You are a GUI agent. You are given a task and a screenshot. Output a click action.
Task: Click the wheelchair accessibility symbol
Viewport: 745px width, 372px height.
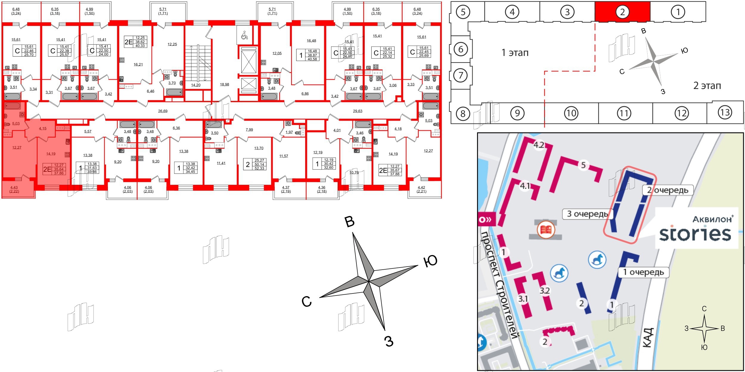pos(244,36)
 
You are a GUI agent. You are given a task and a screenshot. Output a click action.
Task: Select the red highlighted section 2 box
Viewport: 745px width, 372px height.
pos(622,12)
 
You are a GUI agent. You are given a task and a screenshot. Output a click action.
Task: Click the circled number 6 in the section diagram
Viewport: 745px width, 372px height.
pos(461,49)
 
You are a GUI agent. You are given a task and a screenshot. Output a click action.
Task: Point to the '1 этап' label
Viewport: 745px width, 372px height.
pos(515,53)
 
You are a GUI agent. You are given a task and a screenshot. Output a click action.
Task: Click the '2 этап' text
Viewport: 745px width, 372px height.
pos(707,86)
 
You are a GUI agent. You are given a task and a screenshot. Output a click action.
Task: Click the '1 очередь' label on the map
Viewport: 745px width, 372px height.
pos(644,272)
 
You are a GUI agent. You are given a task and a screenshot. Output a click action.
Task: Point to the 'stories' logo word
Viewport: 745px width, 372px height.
pos(695,235)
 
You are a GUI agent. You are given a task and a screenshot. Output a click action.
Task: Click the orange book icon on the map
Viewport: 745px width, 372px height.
pos(546,230)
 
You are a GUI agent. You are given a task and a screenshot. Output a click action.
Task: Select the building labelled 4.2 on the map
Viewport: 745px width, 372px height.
pos(539,145)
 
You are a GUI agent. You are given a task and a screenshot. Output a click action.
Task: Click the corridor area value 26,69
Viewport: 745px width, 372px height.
pos(163,111)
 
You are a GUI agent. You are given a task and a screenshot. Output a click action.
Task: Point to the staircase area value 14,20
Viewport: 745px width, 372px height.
pos(196,85)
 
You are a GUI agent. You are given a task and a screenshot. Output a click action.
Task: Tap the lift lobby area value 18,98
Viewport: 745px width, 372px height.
pos(224,85)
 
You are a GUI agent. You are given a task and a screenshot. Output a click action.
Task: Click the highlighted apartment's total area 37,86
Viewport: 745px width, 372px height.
pos(59,173)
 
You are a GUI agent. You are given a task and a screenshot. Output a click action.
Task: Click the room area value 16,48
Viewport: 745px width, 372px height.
pos(311,41)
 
